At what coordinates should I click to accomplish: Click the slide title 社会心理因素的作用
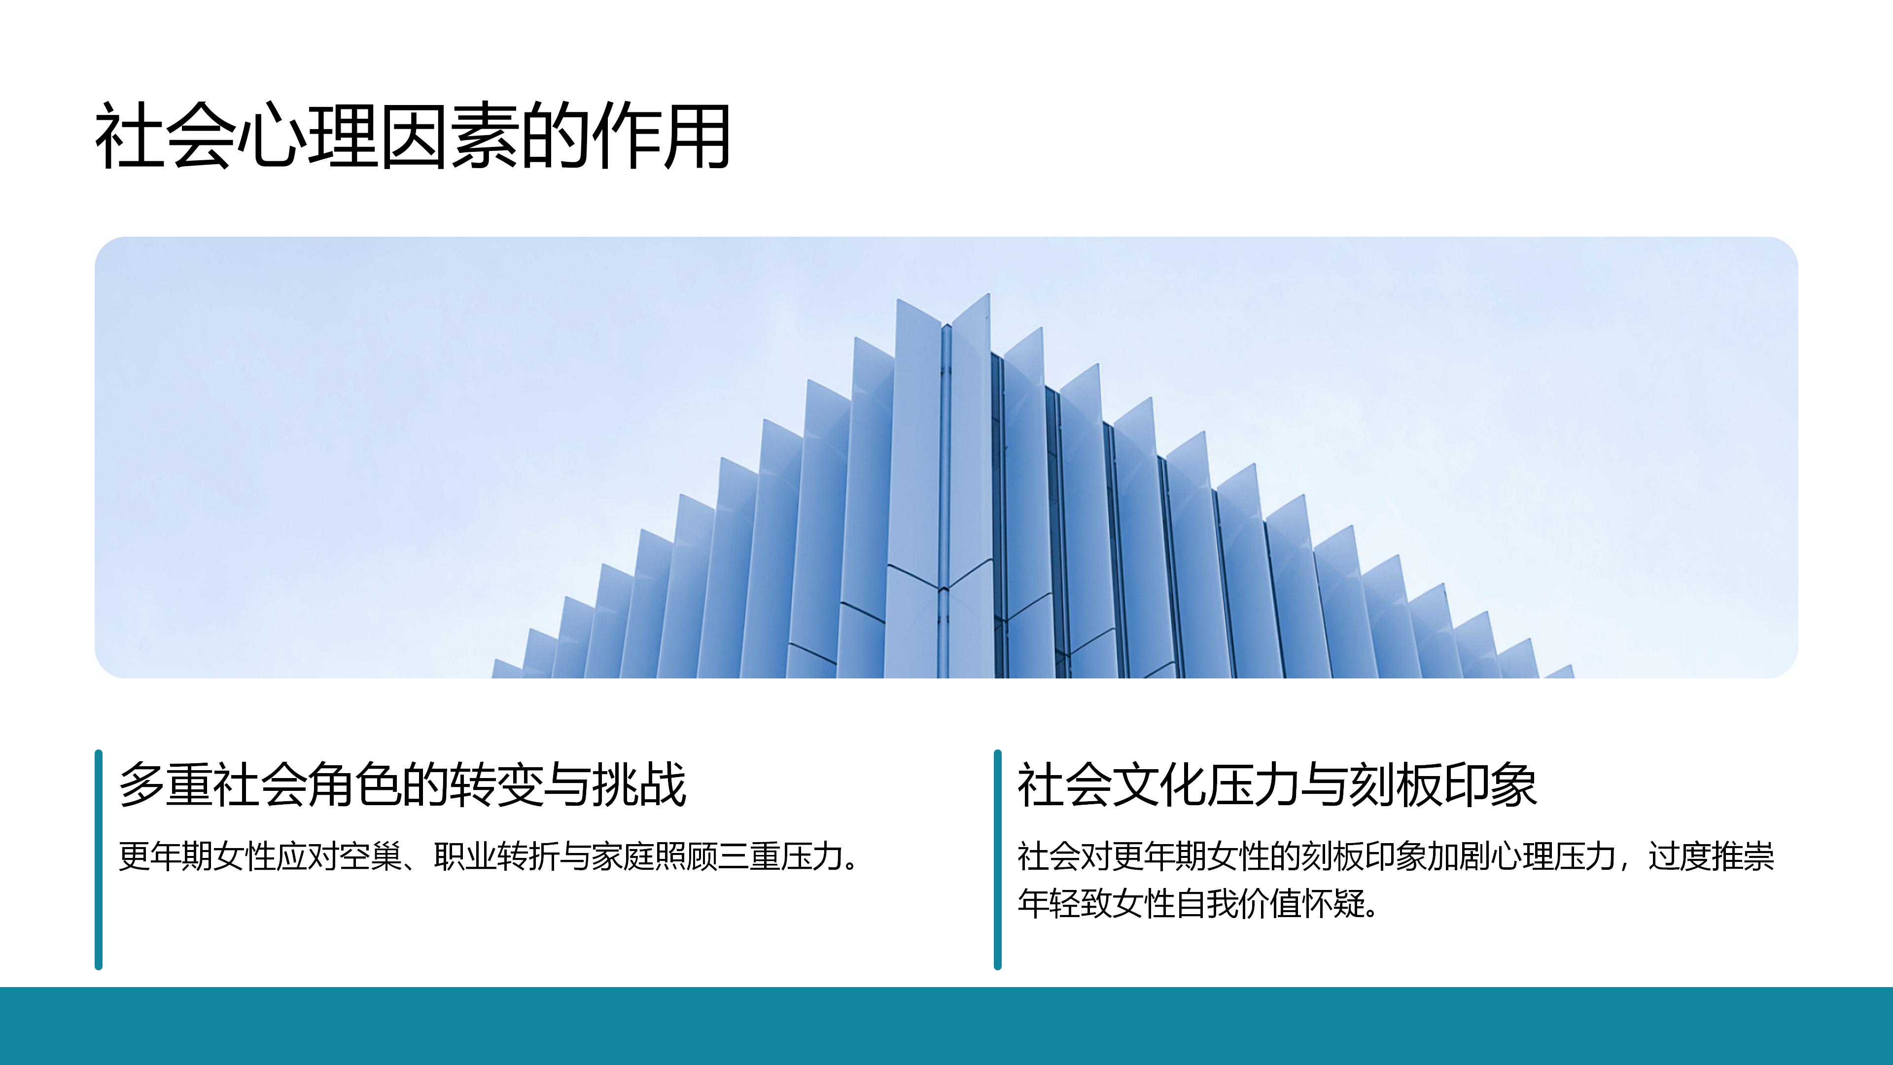[x=412, y=136]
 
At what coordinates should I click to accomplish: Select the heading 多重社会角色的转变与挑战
[x=403, y=784]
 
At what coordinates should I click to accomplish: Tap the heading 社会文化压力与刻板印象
[x=1277, y=784]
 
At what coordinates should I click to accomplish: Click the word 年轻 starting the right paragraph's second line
[x=1049, y=903]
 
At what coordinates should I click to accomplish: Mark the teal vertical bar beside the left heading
[x=99, y=859]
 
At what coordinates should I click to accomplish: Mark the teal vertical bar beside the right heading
[x=997, y=859]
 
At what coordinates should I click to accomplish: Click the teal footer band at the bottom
[x=946, y=1026]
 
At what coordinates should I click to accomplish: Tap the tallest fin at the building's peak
[x=970, y=485]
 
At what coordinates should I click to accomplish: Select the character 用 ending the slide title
[x=696, y=136]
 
